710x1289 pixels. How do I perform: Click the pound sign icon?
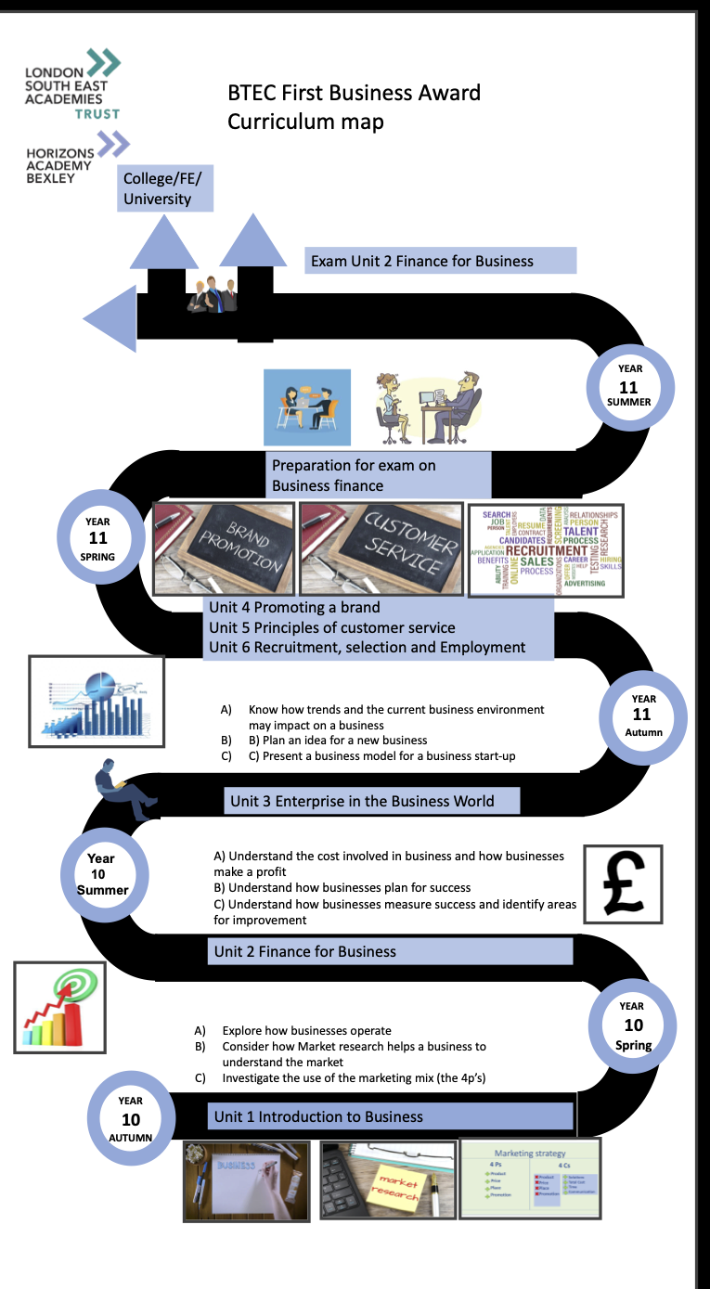[623, 884]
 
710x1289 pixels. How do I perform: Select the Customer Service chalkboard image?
[381, 549]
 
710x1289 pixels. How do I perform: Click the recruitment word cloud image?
[545, 549]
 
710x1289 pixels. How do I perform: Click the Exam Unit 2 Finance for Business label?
[441, 261]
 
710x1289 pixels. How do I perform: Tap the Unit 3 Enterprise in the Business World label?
[371, 801]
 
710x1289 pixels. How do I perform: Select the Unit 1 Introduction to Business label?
[390, 1116]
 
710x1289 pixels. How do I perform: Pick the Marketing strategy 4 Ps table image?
[530, 1179]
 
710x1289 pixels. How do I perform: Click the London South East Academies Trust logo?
[73, 84]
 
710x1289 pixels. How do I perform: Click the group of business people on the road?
[213, 294]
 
